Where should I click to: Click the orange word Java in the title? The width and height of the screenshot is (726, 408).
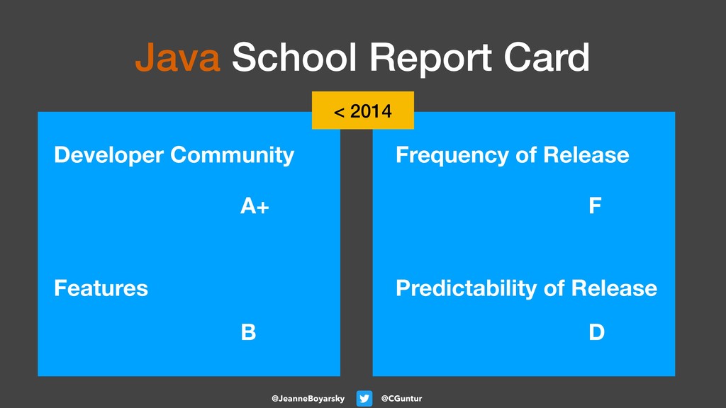(177, 58)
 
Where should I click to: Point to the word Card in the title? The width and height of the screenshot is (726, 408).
(547, 58)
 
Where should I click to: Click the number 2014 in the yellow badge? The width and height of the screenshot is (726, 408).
(371, 112)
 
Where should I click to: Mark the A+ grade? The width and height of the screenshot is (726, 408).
(255, 207)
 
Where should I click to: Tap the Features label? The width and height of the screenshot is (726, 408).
(101, 288)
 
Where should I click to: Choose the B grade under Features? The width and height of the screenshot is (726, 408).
(248, 332)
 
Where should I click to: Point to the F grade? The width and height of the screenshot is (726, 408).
(595, 207)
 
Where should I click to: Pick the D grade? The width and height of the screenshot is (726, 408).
(596, 332)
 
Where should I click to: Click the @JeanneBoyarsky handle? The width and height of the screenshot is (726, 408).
(308, 399)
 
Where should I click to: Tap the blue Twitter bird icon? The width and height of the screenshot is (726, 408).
(364, 399)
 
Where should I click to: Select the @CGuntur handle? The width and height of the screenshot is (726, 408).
(401, 399)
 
